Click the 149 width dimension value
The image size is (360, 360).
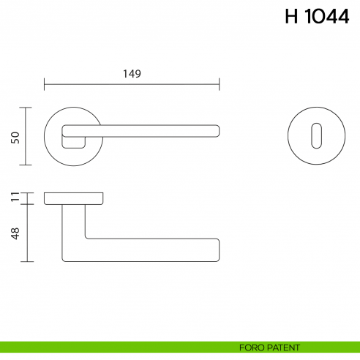[x=132, y=74]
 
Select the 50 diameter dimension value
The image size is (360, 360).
[x=15, y=137]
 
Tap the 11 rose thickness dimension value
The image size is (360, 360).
[x=15, y=197]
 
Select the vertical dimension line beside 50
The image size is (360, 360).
[x=28, y=137]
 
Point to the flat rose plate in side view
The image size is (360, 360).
[x=73, y=198]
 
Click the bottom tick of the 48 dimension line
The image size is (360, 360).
[x=28, y=261]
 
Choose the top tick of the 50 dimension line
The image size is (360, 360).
[x=28, y=108]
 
